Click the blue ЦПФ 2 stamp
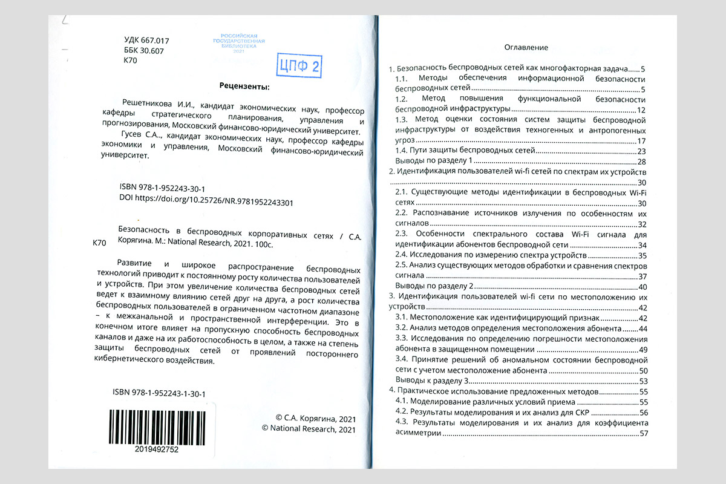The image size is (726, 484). pos(298,66)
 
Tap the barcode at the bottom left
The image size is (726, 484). pos(157,427)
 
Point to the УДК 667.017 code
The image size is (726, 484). pos(146,41)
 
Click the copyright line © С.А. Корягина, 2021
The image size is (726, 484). pos(315,418)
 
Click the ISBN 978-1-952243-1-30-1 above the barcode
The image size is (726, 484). pos(159,394)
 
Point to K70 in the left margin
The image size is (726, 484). pos(100,243)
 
